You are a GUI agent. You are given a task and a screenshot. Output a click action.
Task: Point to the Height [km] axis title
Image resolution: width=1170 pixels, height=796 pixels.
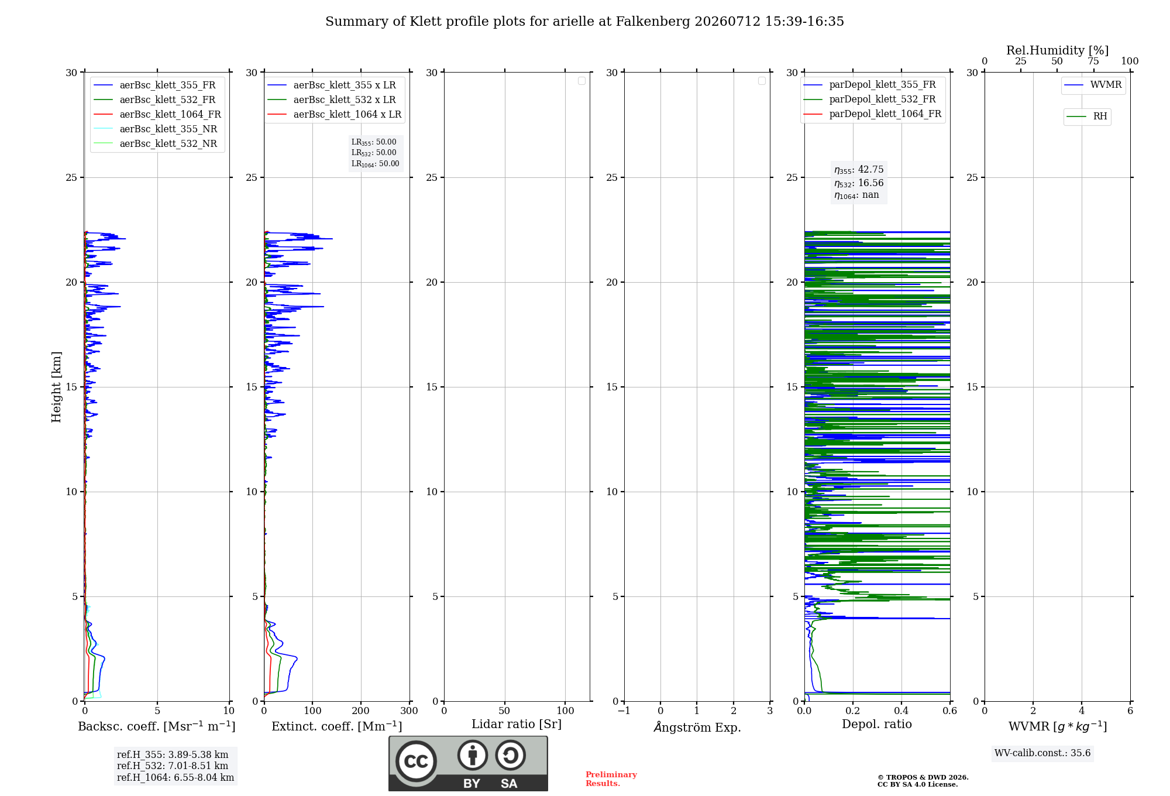pyautogui.click(x=56, y=387)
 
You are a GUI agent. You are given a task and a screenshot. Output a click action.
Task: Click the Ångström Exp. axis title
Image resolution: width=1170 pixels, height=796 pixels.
pyautogui.click(x=697, y=727)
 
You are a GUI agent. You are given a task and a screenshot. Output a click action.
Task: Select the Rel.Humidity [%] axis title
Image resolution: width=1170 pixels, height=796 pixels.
pyautogui.click(x=1058, y=50)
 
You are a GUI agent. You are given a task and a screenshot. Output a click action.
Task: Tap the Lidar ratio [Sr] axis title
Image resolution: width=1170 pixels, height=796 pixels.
pyautogui.click(x=517, y=725)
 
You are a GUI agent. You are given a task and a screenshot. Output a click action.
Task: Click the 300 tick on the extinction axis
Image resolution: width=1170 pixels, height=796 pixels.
pyautogui.click(x=409, y=711)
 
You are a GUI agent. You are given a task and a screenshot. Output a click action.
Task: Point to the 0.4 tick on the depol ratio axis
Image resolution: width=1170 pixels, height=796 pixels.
pyautogui.click(x=901, y=711)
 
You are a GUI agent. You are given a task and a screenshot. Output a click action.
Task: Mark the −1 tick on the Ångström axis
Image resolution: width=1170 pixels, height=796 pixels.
pyautogui.click(x=624, y=711)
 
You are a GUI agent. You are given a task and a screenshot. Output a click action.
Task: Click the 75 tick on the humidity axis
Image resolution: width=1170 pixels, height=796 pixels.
pyautogui.click(x=1093, y=61)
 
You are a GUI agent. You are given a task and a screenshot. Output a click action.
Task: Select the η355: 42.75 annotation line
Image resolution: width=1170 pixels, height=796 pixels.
pyautogui.click(x=859, y=170)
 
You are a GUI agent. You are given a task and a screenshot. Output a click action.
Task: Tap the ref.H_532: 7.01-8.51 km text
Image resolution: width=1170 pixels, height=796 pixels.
pyautogui.click(x=173, y=766)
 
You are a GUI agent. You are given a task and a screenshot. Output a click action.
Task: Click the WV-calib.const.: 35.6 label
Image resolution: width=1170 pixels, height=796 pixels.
pyautogui.click(x=1042, y=753)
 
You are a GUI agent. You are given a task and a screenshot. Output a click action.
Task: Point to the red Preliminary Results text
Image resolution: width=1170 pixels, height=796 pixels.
pyautogui.click(x=611, y=779)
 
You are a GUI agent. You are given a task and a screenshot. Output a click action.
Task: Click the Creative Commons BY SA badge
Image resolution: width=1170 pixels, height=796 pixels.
pyautogui.click(x=468, y=764)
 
